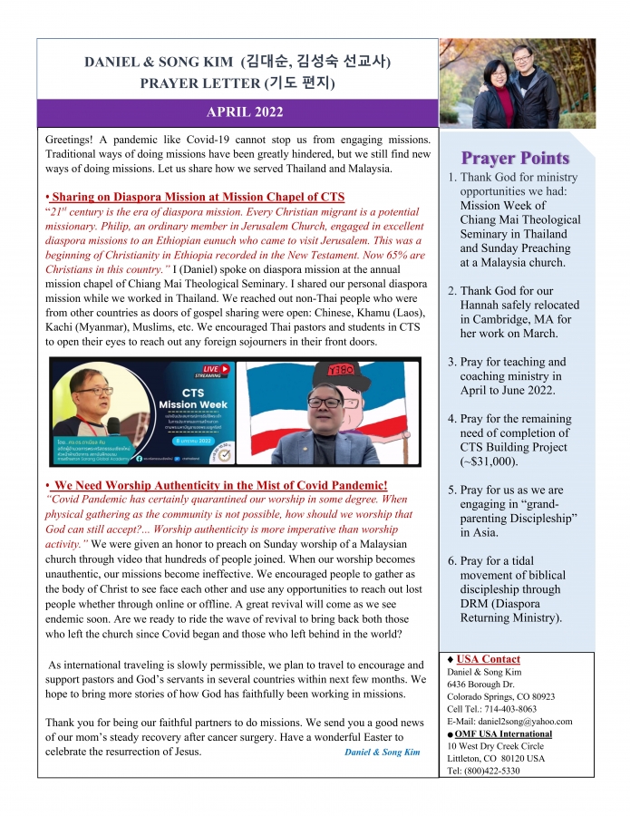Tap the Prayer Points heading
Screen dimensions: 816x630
[x=516, y=159]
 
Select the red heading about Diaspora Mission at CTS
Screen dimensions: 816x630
[x=195, y=197]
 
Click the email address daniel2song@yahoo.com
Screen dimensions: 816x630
[x=530, y=722]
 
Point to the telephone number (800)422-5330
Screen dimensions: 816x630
[x=504, y=771]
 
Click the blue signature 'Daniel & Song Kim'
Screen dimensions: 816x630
[x=382, y=753]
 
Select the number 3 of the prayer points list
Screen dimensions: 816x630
[x=452, y=362]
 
